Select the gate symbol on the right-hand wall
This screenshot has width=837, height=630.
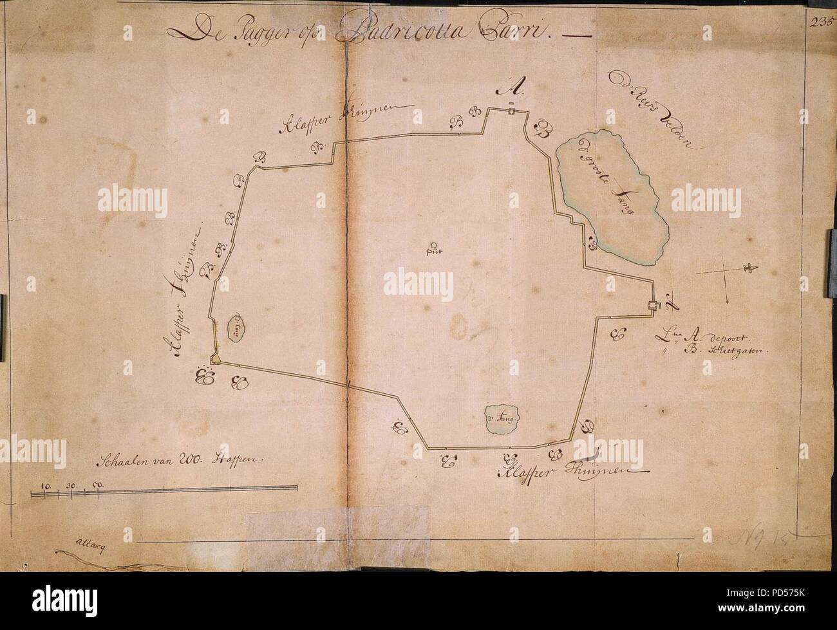tap(654, 305)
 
